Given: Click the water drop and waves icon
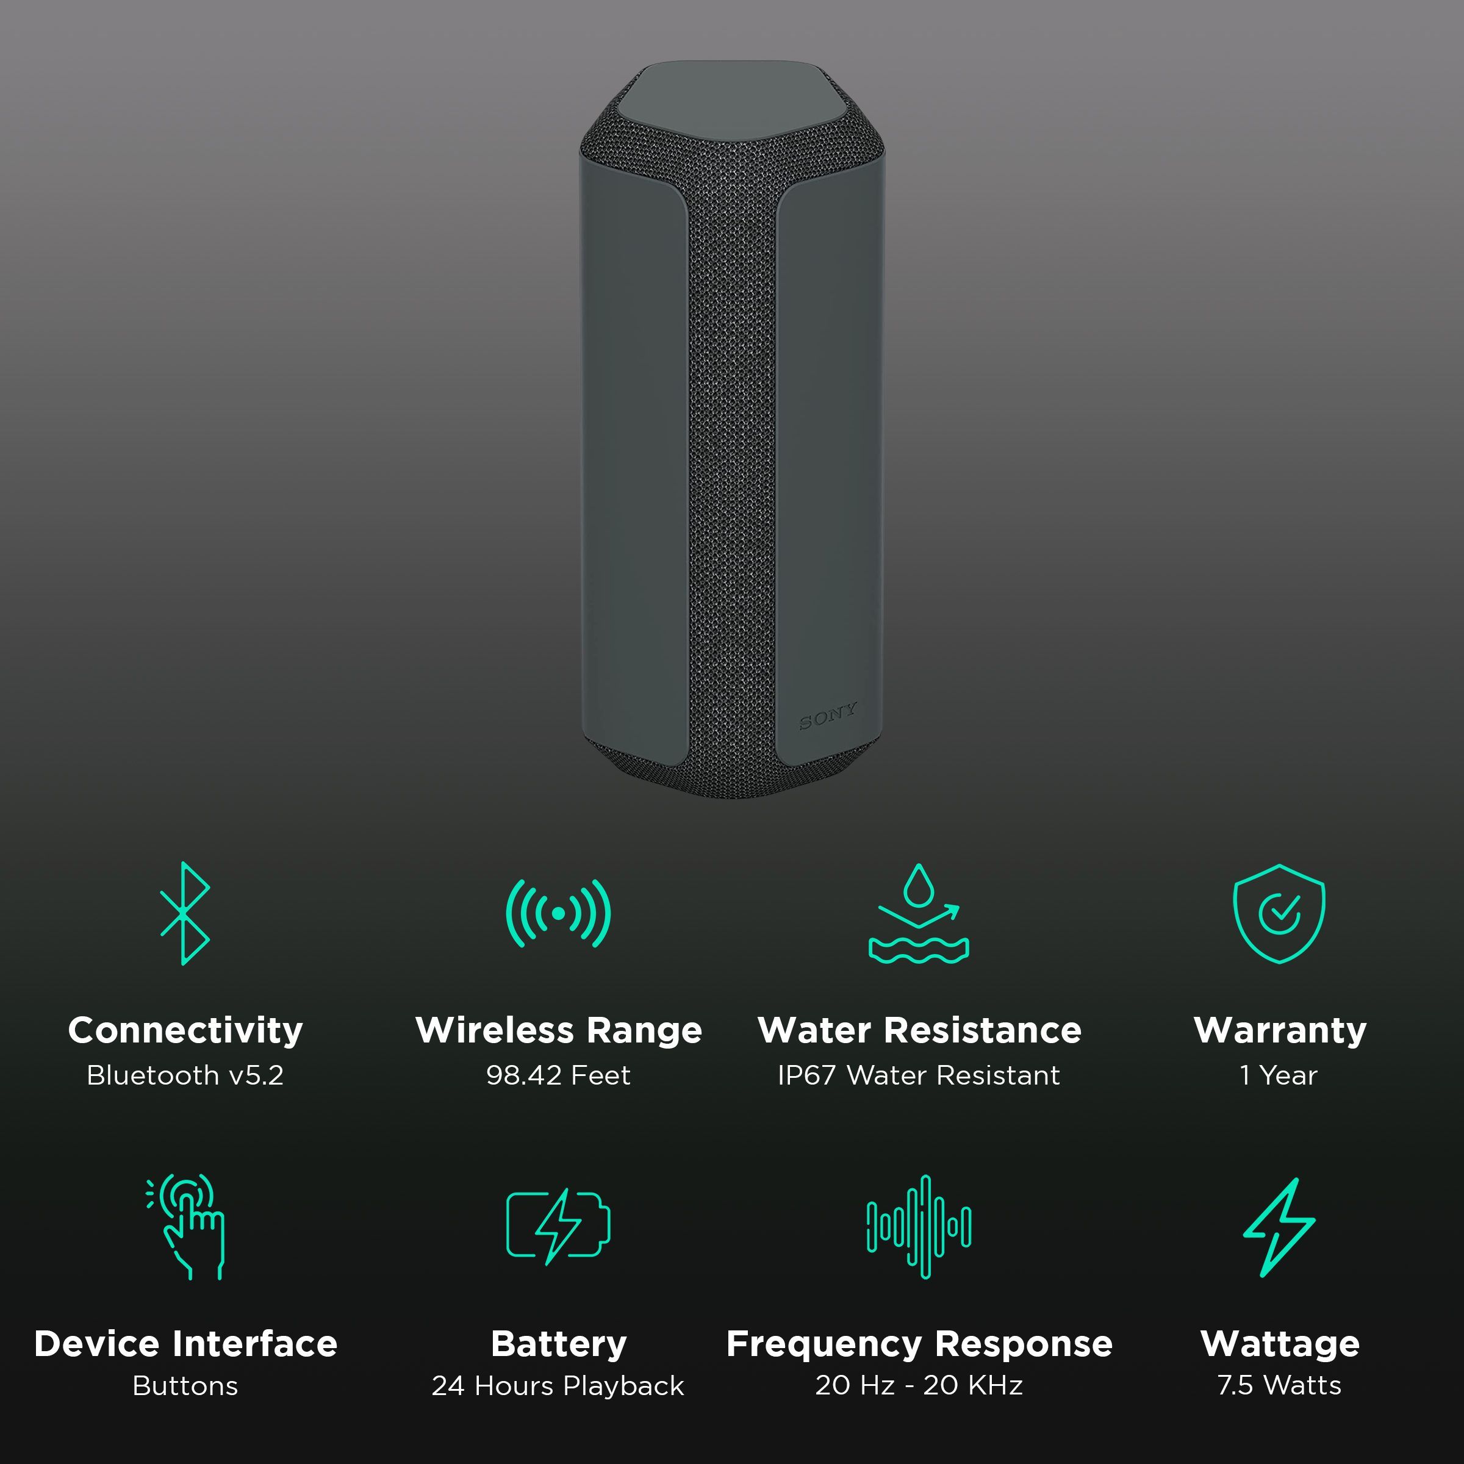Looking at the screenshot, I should click(919, 914).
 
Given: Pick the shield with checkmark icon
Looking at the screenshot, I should click(1279, 913).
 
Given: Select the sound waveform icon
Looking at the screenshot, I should click(919, 1225).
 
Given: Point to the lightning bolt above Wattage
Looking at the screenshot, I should click(1279, 1226).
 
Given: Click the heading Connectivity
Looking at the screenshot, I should click(185, 1030).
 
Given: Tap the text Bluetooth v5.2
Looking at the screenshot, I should click(185, 1075).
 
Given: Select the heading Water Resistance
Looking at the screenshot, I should click(919, 1030).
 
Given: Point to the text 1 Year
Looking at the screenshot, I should click(1279, 1075).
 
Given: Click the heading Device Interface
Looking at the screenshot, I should click(185, 1343).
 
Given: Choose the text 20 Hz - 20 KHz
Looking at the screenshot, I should click(919, 1385).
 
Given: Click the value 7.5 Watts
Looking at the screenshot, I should click(1279, 1385).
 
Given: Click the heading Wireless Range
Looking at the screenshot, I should click(559, 1030).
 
